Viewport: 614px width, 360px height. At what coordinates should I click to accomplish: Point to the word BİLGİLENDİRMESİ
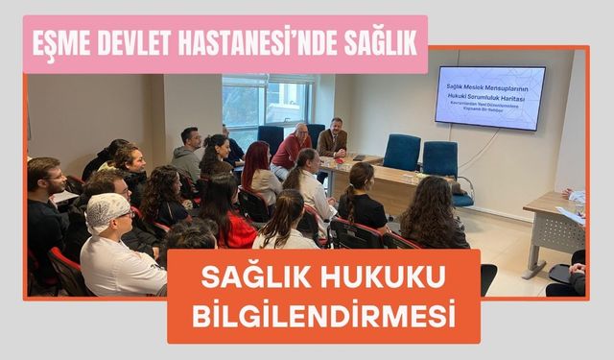pos(324,316)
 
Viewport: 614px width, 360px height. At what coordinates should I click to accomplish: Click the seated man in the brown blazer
pos(333,140)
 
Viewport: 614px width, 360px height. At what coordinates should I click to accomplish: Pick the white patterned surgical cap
pos(107,212)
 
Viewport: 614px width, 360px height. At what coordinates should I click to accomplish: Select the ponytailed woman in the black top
pos(360,201)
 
